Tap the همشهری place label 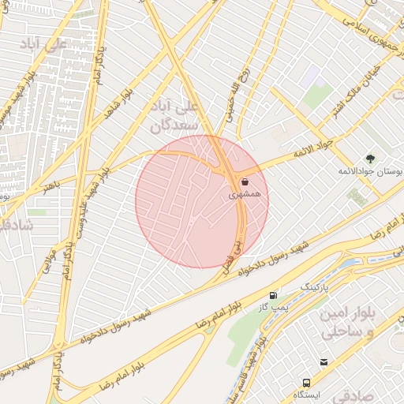pyautogui.click(x=245, y=193)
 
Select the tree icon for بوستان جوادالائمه pyautogui.click(x=371, y=159)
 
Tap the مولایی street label pyautogui.click(x=47, y=260)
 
